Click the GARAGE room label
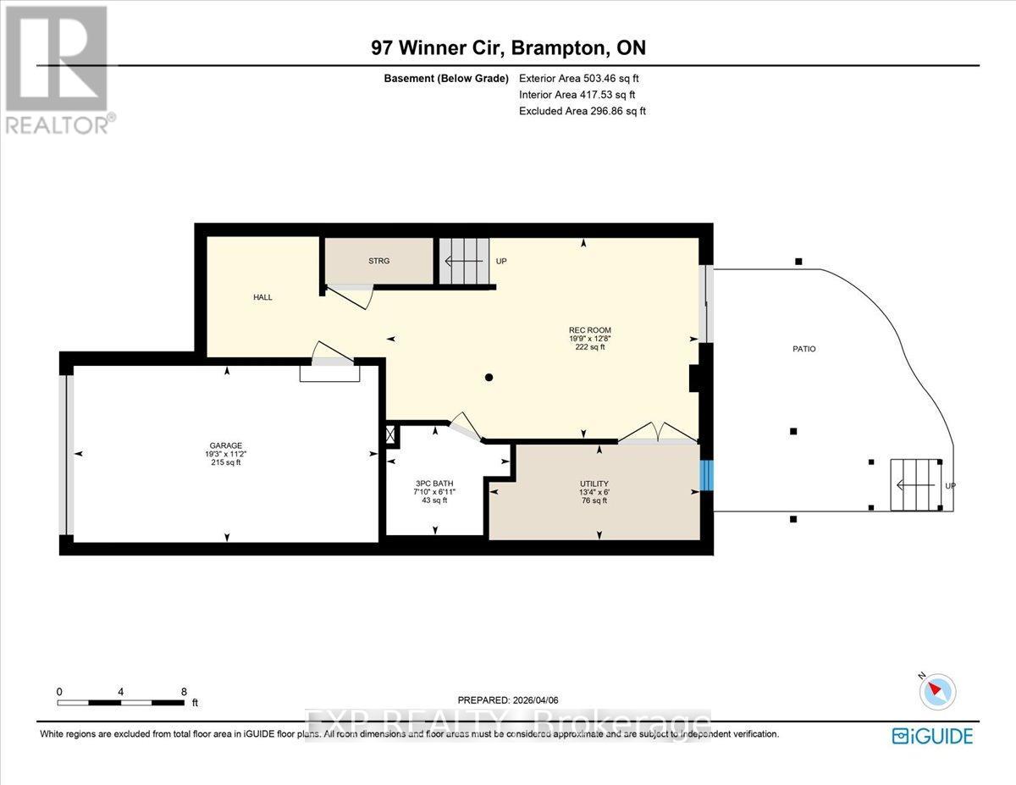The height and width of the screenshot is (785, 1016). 226,445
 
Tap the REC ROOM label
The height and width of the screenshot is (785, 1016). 589,330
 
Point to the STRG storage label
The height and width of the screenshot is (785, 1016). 378,261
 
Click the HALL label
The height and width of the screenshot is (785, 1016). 262,297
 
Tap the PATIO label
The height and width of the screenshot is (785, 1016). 803,349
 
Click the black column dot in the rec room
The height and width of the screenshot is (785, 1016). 489,378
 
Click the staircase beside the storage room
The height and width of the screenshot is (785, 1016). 464,261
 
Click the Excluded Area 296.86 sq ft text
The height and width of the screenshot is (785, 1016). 582,111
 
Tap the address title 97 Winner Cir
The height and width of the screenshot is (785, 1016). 508,48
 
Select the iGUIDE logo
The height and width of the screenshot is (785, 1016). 932,736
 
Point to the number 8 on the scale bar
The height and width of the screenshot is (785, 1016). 184,691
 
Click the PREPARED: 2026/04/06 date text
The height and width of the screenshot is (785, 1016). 508,700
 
